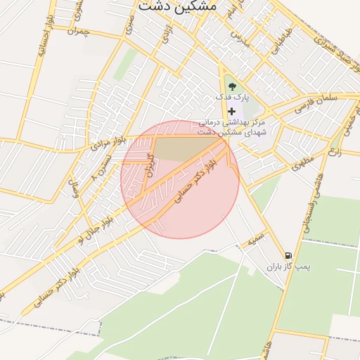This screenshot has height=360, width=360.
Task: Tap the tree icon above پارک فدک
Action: (x=233, y=86)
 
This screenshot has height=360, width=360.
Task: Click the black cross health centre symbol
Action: (x=232, y=111)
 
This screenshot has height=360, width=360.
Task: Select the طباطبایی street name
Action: (x=280, y=44)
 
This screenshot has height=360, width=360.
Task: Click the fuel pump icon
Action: (x=288, y=256)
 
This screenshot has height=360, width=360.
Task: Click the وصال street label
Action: (x=72, y=189)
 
